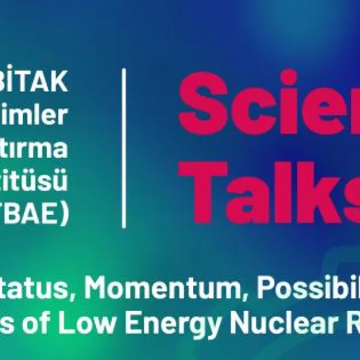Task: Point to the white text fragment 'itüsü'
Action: [45, 181]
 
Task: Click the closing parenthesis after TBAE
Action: [64, 214]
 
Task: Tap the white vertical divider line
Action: [124, 148]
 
